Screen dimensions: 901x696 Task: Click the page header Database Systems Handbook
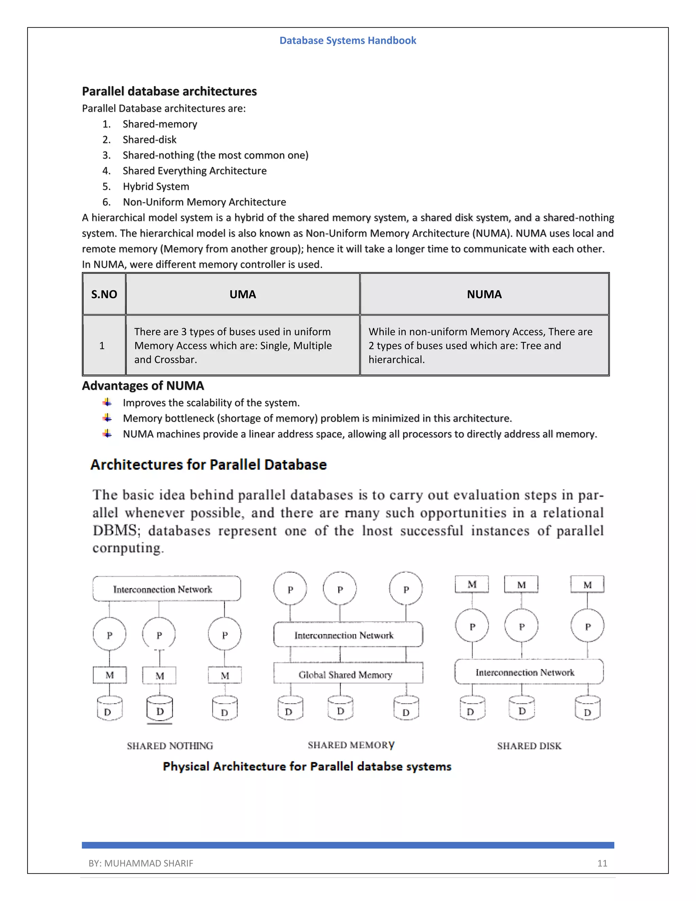point(348,40)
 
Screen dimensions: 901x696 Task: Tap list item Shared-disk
point(149,140)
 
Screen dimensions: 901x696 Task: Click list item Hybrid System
point(156,186)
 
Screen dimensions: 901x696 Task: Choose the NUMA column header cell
point(484,294)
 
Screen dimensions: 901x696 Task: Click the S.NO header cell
point(104,294)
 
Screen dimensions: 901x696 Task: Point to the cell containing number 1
point(102,346)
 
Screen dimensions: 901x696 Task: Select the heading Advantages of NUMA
point(143,386)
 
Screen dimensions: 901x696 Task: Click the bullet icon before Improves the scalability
point(107,402)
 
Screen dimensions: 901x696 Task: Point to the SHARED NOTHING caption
point(170,746)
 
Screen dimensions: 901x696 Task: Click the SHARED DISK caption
point(529,746)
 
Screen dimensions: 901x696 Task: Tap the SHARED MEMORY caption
point(351,745)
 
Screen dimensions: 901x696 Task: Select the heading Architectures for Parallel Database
point(209,465)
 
